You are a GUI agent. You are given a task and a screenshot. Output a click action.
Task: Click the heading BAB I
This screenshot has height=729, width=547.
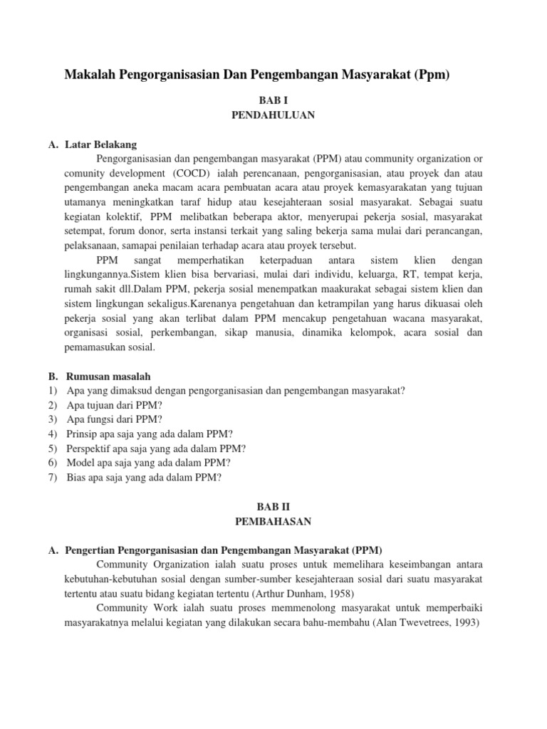point(273,102)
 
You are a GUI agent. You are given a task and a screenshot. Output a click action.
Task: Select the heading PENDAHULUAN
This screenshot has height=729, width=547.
point(273,115)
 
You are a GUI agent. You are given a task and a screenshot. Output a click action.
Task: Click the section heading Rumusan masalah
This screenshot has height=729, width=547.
point(108,376)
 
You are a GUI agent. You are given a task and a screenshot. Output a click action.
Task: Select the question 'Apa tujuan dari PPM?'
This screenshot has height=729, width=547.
point(115,404)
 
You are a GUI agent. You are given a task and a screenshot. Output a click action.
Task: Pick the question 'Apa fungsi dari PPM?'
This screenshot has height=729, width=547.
point(114,419)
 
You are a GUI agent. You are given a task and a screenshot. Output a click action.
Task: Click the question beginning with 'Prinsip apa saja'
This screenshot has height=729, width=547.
point(150,434)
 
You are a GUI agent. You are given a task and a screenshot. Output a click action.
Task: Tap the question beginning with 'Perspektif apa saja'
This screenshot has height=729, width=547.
point(156,449)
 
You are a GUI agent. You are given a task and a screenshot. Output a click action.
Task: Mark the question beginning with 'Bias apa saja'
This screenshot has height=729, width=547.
point(145,478)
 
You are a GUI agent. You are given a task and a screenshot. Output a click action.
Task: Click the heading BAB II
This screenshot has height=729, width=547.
point(273,508)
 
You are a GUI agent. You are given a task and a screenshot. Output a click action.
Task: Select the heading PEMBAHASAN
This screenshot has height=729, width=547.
point(273,521)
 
